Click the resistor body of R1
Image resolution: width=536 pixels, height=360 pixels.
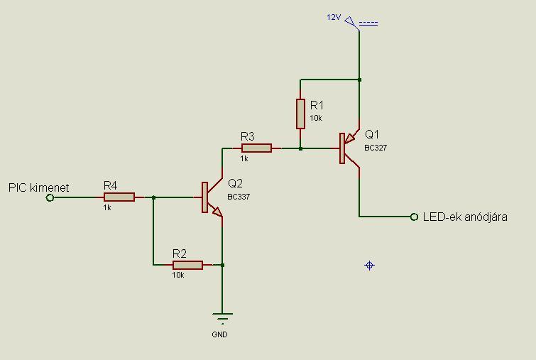click(x=300, y=113)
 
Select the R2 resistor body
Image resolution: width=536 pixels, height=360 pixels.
click(x=187, y=265)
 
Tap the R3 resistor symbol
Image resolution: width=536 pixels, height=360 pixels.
click(x=256, y=148)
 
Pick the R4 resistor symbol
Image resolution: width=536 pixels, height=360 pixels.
click(x=119, y=197)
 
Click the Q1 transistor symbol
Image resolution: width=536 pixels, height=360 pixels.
click(x=348, y=148)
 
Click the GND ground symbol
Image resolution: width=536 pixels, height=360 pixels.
click(x=222, y=317)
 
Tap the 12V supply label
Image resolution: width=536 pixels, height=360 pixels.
click(x=334, y=17)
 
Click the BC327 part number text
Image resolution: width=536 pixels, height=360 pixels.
click(x=376, y=148)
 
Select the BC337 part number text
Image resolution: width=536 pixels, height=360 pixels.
click(x=239, y=197)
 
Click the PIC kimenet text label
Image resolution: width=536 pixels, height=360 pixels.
click(x=38, y=187)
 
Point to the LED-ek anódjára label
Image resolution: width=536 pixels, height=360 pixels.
click(x=464, y=217)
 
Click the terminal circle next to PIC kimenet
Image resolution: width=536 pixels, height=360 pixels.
click(x=50, y=197)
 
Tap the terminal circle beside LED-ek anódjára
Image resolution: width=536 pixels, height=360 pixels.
click(x=414, y=217)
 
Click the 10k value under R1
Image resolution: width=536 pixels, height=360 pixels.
click(x=316, y=118)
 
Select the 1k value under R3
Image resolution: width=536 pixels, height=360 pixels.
click(x=244, y=158)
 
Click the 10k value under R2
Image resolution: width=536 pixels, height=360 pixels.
click(x=177, y=275)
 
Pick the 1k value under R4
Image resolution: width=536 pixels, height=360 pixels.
click(x=107, y=207)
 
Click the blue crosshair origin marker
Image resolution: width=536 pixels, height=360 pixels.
click(x=369, y=266)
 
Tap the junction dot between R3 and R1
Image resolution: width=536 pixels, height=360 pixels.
click(x=300, y=148)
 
